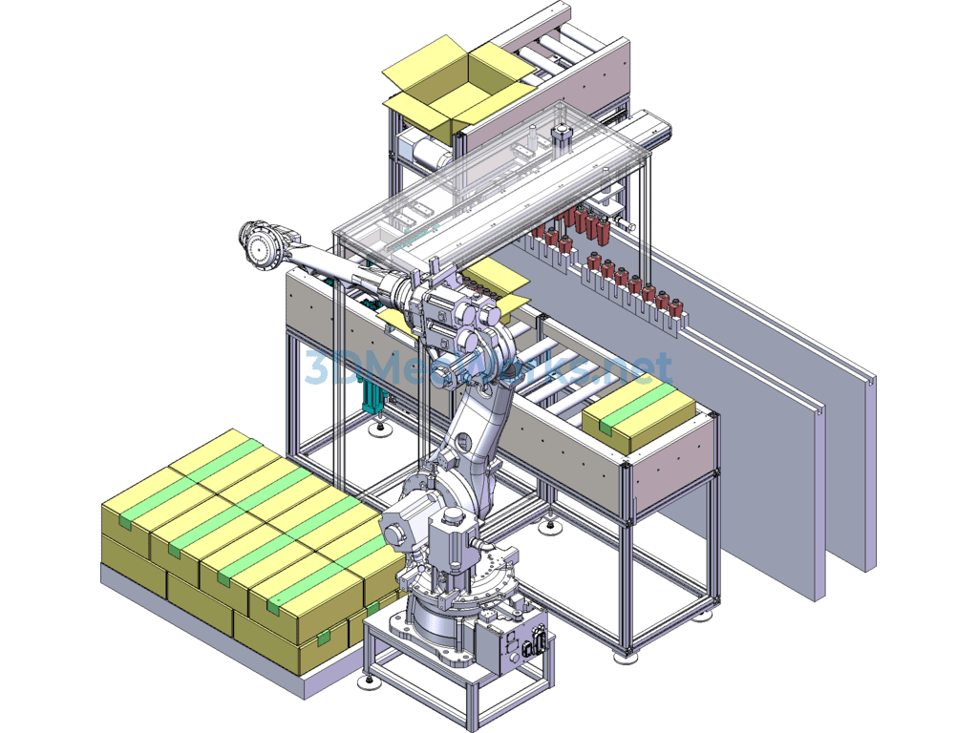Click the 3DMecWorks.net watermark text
click(488, 367)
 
